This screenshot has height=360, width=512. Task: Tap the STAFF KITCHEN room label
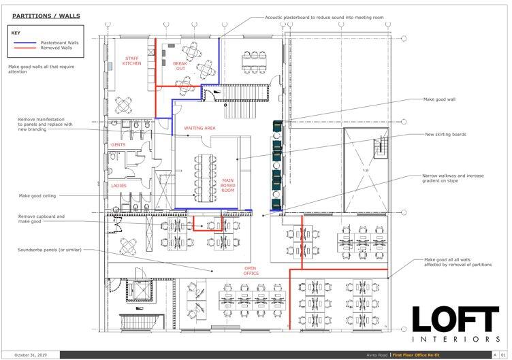coord(131,61)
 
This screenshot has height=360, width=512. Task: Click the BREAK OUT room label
coord(179,65)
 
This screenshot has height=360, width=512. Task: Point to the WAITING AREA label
coord(199,128)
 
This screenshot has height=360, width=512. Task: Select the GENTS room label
coord(118,145)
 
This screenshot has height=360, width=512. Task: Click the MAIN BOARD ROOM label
coord(228,185)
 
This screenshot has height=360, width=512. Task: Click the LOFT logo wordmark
coord(455,320)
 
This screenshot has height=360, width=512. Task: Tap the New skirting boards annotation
coord(445,135)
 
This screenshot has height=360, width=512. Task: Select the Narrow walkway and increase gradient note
coord(453,178)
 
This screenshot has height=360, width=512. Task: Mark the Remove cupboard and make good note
coord(41,218)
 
